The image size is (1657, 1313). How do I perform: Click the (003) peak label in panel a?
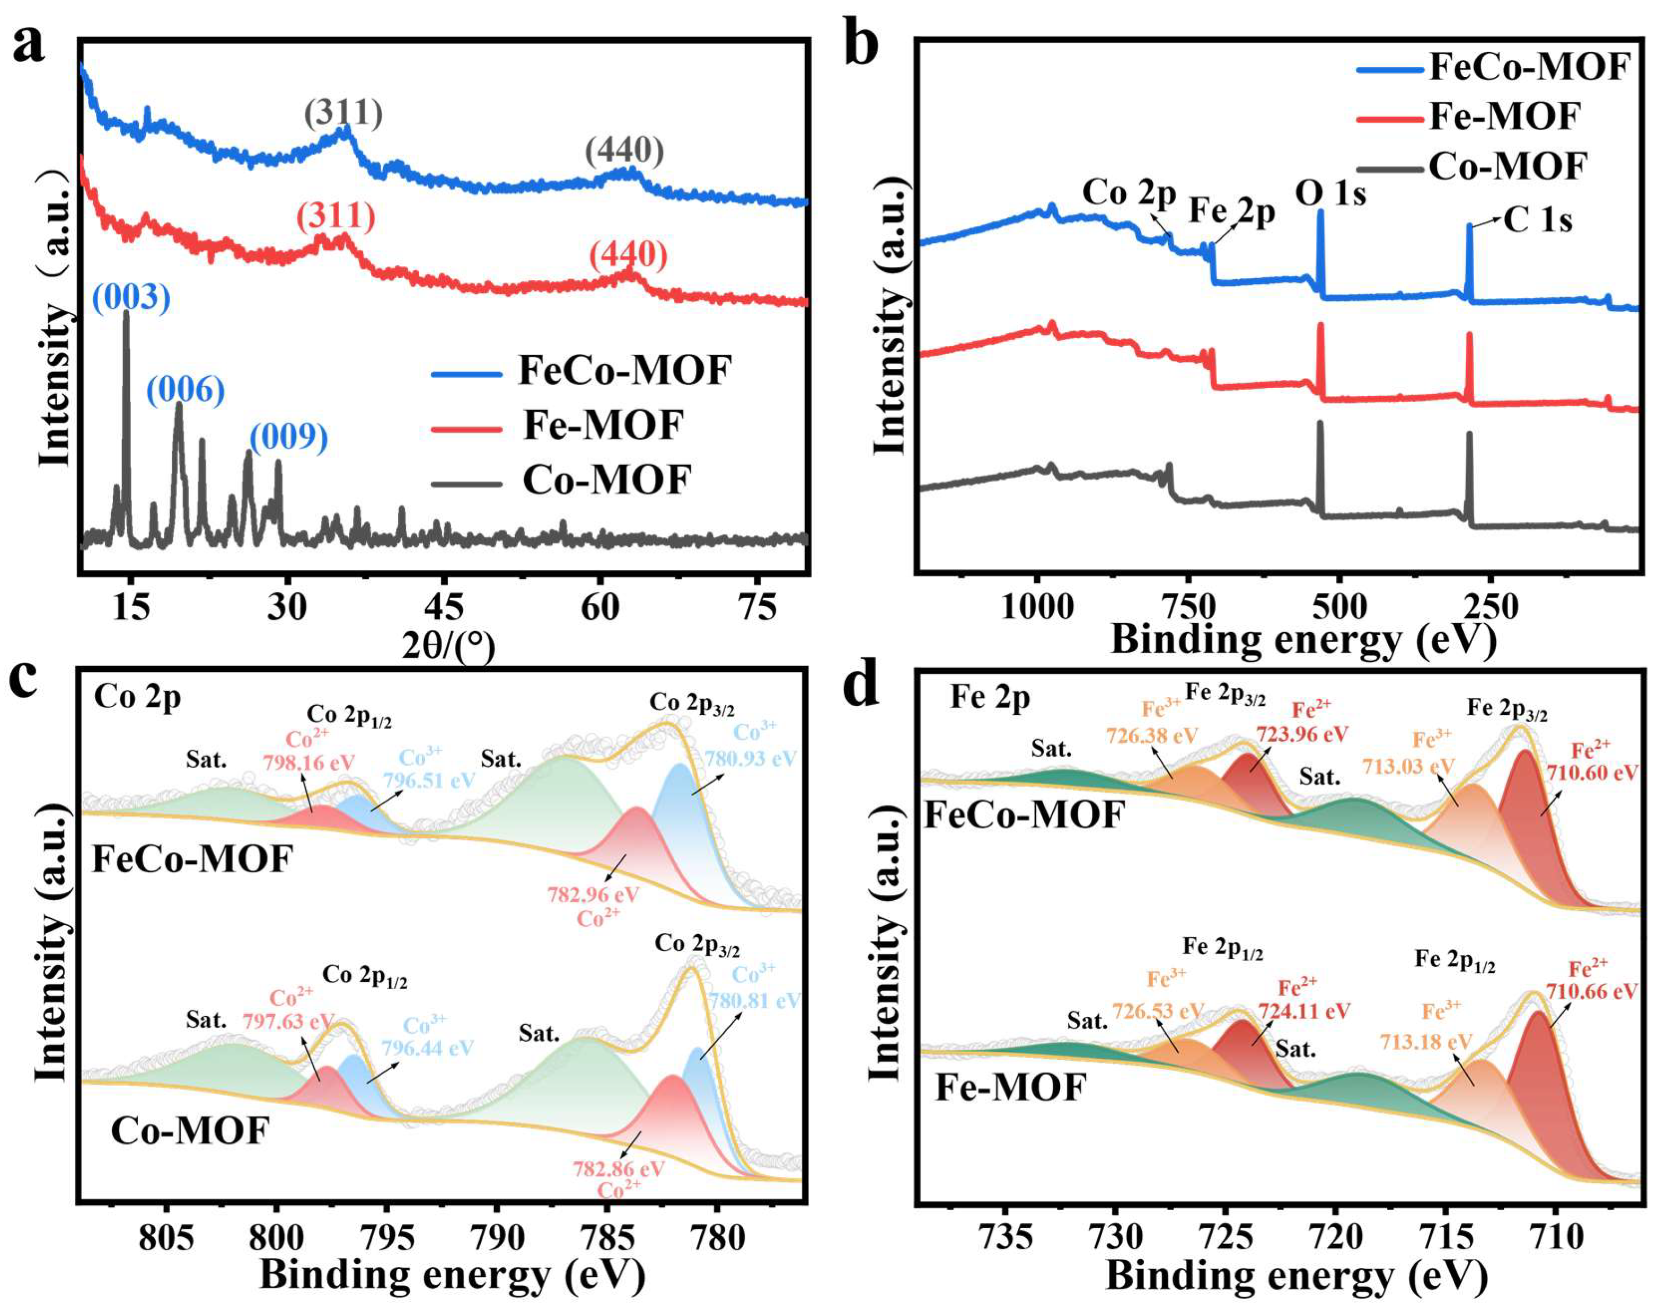pyautogui.click(x=131, y=297)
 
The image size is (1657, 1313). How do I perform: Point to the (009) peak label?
pyautogui.click(x=289, y=437)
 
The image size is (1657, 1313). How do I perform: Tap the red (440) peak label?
pyautogui.click(x=629, y=254)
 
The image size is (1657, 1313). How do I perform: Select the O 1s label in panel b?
pyautogui.click(x=1330, y=193)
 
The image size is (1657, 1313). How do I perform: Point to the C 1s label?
pyautogui.click(x=1538, y=220)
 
